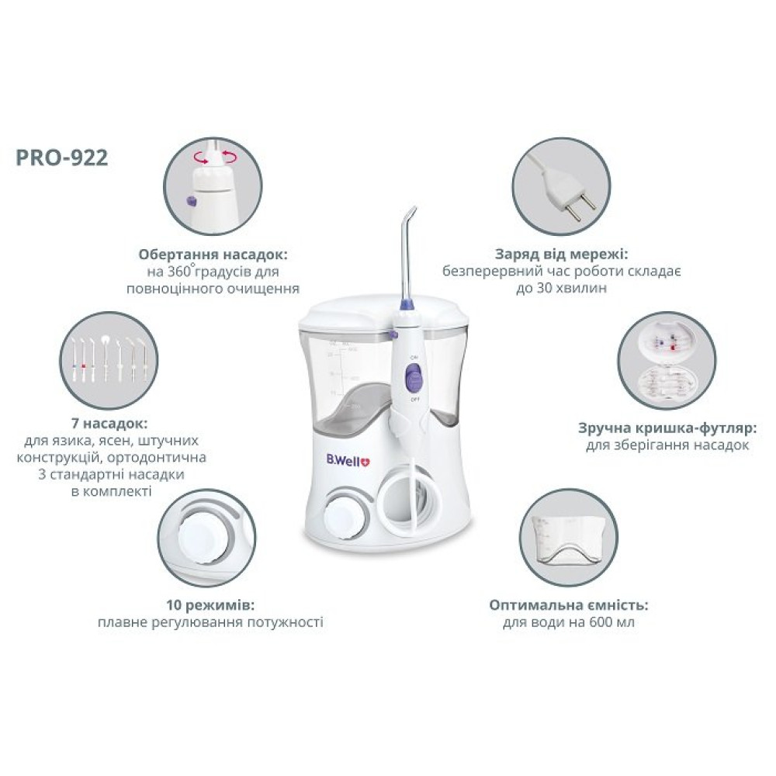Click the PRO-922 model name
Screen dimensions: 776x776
tap(62, 158)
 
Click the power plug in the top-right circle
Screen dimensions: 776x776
tap(566, 189)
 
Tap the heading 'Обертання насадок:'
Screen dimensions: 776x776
tap(213, 255)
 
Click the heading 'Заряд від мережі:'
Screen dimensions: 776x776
tap(562, 255)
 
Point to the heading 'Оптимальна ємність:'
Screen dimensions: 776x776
tap(569, 605)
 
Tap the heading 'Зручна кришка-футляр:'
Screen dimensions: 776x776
tap(667, 428)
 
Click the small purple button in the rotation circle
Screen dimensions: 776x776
tap(189, 200)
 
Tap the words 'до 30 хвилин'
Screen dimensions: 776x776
tap(561, 289)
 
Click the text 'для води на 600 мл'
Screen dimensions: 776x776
tap(569, 622)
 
